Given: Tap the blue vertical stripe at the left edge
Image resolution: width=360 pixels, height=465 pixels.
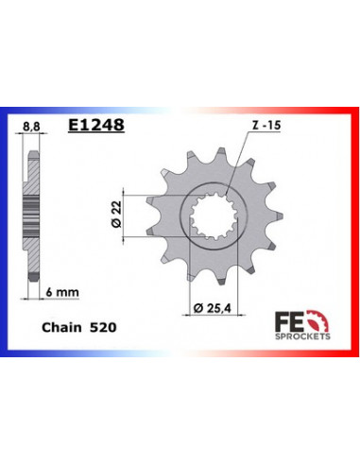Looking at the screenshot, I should pyautogui.click(x=6, y=232).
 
